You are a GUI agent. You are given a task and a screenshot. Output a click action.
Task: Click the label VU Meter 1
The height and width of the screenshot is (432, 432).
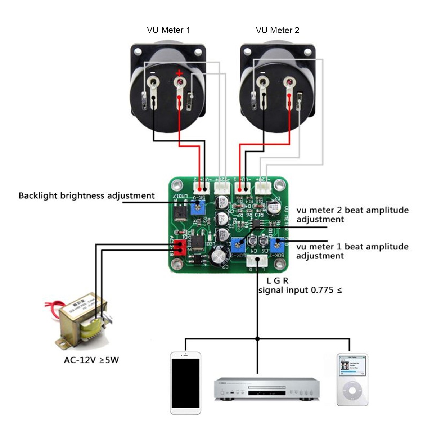[x=168, y=30]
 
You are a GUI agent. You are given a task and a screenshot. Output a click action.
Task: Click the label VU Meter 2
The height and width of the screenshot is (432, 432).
[x=277, y=30]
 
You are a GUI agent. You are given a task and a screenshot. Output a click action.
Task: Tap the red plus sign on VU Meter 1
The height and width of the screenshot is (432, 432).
[x=179, y=73]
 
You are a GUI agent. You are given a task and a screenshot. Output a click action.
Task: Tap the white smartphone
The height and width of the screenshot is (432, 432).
[x=185, y=383]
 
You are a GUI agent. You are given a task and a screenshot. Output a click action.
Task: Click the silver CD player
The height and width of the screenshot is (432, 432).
[x=267, y=388]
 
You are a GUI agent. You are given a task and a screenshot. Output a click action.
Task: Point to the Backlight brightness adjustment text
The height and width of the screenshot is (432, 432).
[x=86, y=196]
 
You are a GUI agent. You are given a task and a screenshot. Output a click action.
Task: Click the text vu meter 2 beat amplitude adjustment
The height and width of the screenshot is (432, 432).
[x=352, y=215]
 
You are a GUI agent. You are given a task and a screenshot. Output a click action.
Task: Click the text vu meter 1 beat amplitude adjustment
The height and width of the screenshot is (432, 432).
[x=352, y=251]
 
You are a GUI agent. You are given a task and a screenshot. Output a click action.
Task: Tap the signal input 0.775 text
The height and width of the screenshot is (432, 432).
[x=300, y=290]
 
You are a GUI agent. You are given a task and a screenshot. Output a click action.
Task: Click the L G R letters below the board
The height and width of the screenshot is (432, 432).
[x=277, y=280]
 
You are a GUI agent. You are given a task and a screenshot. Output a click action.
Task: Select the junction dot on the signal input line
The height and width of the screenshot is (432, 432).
[x=257, y=339]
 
